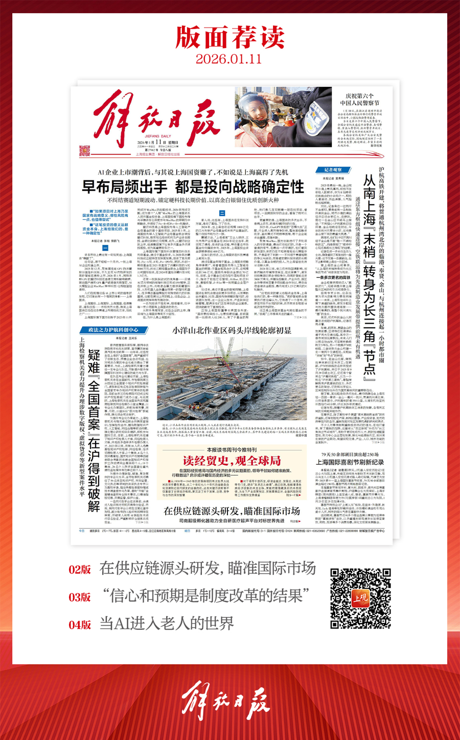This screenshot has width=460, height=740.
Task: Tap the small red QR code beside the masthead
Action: pyautogui.click(x=84, y=151)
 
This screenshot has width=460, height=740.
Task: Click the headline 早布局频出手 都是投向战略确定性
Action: pyautogui.click(x=193, y=186)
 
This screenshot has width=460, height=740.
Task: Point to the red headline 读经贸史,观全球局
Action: pyautogui.click(x=232, y=461)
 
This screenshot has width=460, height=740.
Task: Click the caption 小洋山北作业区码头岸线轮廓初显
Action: pyautogui.click(x=232, y=330)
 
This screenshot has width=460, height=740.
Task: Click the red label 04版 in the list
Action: pyautogui.click(x=80, y=624)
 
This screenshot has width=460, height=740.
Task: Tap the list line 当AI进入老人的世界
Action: pyautogui.click(x=167, y=624)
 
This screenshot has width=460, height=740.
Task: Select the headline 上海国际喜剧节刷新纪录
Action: pyautogui.click(x=350, y=462)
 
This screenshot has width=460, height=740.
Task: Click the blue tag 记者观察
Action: pyautogui.click(x=333, y=170)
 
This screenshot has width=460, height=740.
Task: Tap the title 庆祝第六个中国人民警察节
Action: pyautogui.click(x=359, y=99)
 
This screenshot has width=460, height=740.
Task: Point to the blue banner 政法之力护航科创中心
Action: pyautogui.click(x=113, y=330)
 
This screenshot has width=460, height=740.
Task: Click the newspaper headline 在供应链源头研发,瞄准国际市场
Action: pyautogui.click(x=232, y=511)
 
